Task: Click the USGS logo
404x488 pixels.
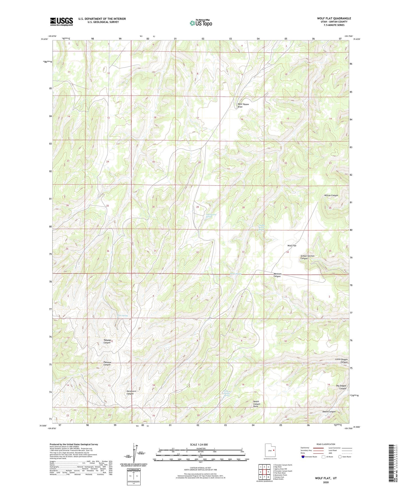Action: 61,22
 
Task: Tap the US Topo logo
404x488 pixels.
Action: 201,23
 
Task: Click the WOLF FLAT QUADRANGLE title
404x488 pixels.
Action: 334,19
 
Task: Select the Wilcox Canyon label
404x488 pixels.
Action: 331,195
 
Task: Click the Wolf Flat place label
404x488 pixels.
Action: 292,246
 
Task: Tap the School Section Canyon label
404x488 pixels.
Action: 307,257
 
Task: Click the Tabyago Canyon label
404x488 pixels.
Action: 107,341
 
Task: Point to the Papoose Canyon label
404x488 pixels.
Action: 107,363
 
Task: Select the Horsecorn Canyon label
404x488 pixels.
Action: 130,392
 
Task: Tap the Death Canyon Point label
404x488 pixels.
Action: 256,404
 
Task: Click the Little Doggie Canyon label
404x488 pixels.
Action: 341,361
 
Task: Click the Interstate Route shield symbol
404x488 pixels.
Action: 303,457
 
